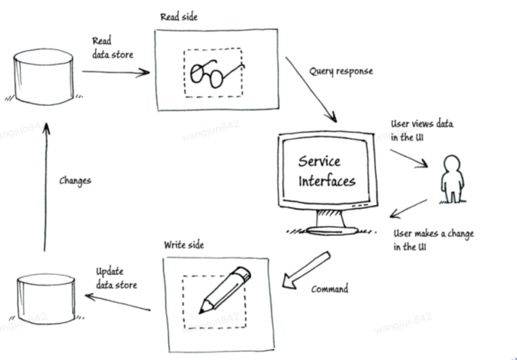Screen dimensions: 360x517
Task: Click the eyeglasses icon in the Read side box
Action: click(214, 73)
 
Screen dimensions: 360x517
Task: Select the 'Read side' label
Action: click(179, 17)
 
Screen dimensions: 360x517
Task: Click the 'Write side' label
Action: click(184, 245)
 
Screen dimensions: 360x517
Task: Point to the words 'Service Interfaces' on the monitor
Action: click(326, 171)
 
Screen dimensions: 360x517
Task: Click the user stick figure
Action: click(452, 178)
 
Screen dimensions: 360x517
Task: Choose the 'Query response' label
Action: click(340, 71)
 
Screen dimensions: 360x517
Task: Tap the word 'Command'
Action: click(330, 289)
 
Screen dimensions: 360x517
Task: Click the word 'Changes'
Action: click(75, 180)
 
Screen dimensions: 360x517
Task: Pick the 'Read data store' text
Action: click(112, 48)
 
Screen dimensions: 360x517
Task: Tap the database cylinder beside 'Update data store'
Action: click(46, 297)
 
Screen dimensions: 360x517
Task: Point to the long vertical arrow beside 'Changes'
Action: click(46, 187)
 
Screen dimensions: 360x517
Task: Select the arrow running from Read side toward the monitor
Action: click(311, 89)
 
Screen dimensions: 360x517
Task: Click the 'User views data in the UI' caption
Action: click(422, 130)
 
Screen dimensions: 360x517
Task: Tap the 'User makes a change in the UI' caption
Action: click(433, 240)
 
